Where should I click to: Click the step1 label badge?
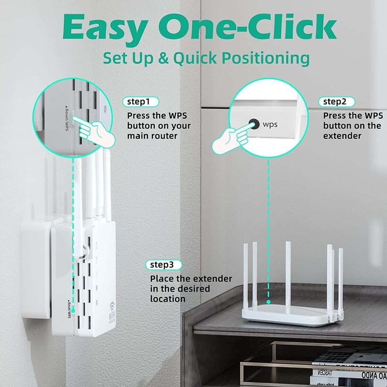pos(142,102)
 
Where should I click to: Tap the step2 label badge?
pos(338,102)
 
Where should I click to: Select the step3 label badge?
pos(165,265)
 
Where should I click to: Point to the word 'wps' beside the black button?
pos(271,124)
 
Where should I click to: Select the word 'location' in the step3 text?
pos(167,299)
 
